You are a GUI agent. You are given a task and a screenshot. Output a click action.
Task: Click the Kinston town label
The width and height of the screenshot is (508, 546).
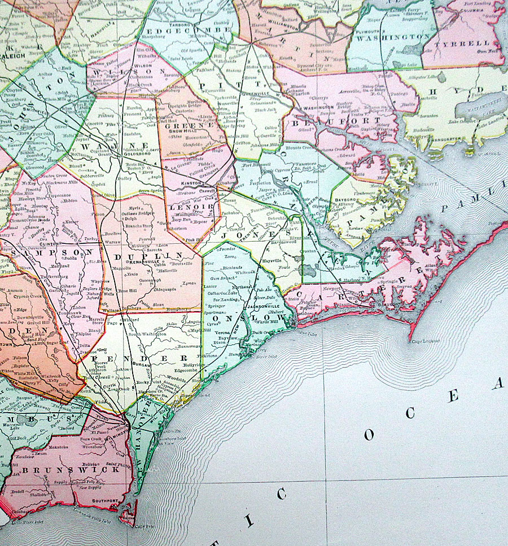tap(191, 185)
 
